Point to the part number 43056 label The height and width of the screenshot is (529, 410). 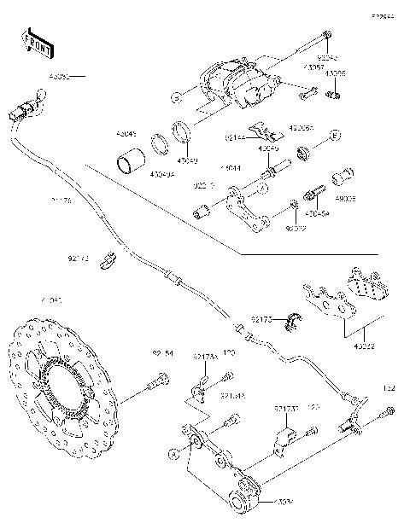336,75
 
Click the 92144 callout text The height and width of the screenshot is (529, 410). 237,136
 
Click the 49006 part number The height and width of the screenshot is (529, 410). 345,197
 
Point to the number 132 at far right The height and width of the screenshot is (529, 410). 388,388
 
